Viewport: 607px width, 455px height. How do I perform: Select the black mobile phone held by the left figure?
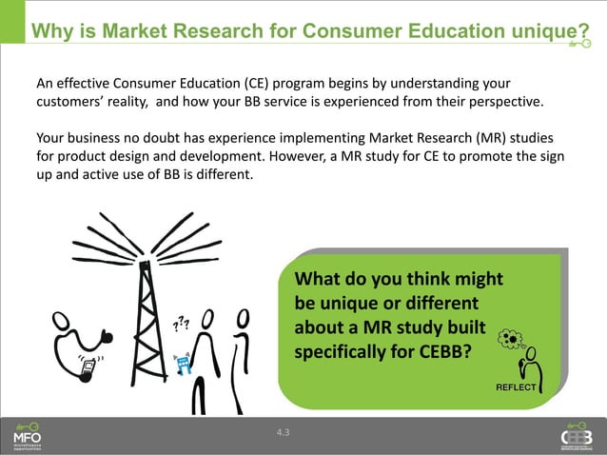pyautogui.click(x=87, y=368)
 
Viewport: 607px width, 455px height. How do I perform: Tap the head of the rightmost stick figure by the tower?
pyautogui.click(x=245, y=316)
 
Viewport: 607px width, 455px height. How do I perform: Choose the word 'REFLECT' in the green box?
pyautogui.click(x=517, y=387)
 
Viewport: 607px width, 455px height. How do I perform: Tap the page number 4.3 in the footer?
pyautogui.click(x=283, y=434)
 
